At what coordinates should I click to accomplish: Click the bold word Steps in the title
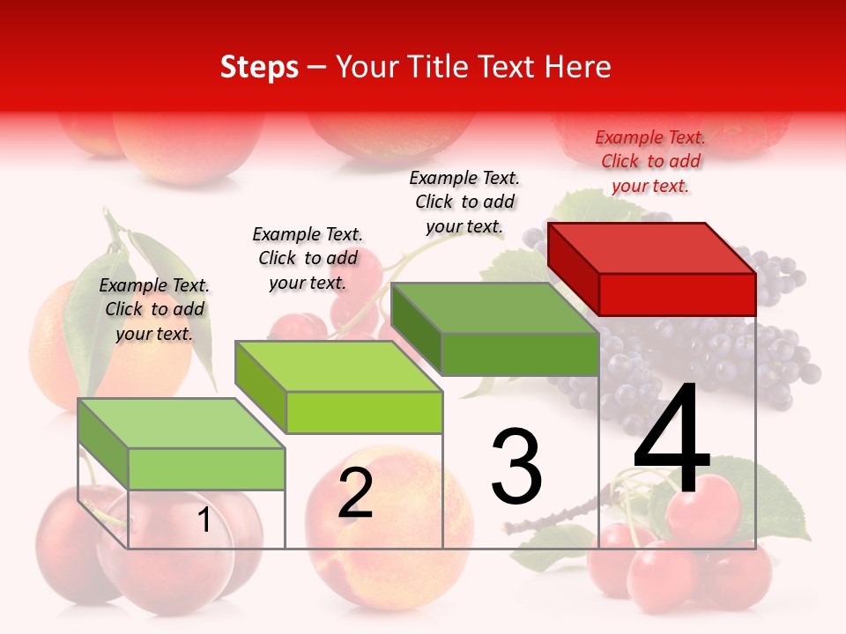[x=259, y=67]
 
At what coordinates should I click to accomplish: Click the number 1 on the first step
[x=204, y=520]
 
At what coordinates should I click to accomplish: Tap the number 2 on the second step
[x=355, y=494]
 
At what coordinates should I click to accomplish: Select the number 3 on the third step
[x=516, y=467]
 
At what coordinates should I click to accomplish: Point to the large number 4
[x=672, y=440]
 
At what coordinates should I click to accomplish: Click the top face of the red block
[x=652, y=247]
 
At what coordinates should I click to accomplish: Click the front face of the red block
[x=677, y=294]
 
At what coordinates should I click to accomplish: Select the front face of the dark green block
[x=520, y=354]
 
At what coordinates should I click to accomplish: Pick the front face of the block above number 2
[x=364, y=412]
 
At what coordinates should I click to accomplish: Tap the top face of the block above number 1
[x=182, y=424]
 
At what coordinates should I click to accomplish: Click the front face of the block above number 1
[x=206, y=468]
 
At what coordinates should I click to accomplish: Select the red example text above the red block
[x=650, y=161]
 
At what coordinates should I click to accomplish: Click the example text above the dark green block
[x=464, y=202]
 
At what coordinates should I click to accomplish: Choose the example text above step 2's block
[x=308, y=258]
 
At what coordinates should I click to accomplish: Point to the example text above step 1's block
[x=154, y=309]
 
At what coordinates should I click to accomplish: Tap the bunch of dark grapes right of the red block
[x=784, y=352]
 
